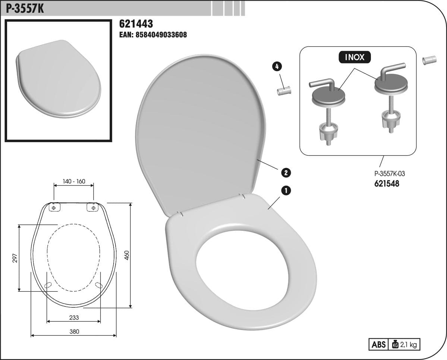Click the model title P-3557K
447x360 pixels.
point(25,9)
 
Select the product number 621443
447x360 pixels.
point(136,24)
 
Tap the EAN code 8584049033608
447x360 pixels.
point(153,35)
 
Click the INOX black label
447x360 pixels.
point(355,57)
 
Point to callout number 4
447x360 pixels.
point(277,66)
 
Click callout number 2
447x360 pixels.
point(286,172)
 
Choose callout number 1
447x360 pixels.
point(286,191)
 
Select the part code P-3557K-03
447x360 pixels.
point(390,173)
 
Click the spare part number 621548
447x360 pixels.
point(387,184)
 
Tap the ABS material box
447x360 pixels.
point(378,345)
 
